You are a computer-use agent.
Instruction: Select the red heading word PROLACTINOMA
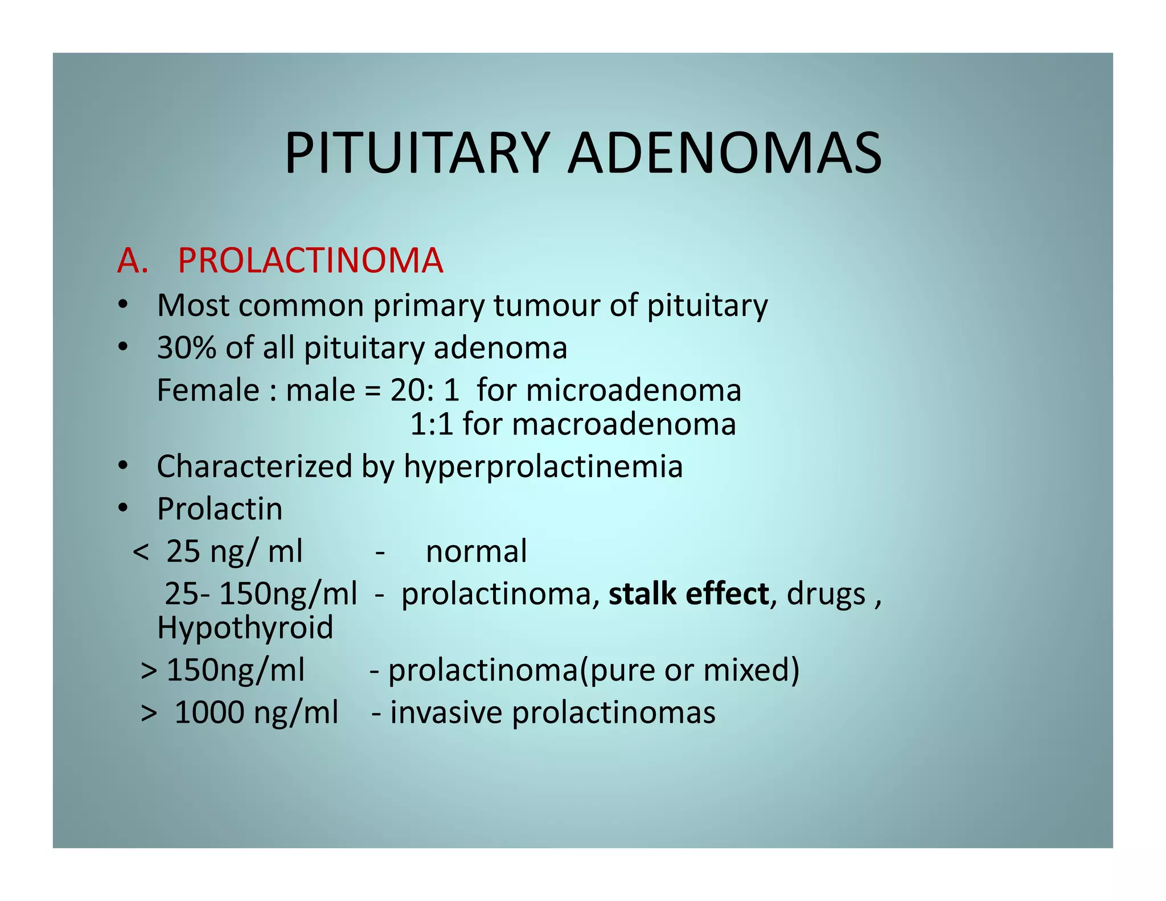[x=310, y=261]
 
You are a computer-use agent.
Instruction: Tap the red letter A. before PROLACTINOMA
[x=132, y=261]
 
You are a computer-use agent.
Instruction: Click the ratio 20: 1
[x=425, y=391]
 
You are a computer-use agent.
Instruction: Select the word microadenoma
[x=634, y=391]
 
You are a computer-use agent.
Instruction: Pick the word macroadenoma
[x=624, y=424]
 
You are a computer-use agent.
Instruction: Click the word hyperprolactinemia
[x=543, y=466]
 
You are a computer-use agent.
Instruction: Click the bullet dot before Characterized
[x=123, y=466]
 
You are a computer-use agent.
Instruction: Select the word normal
[x=477, y=551]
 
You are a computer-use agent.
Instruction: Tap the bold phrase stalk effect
[x=689, y=594]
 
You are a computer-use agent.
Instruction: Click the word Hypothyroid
[x=245, y=628]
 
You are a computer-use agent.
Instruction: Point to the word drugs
[x=826, y=594]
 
